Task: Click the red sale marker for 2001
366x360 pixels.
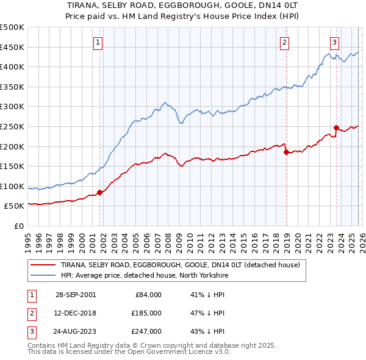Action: click(100, 192)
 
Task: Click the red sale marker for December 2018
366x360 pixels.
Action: click(286, 153)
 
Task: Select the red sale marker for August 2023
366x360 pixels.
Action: click(336, 128)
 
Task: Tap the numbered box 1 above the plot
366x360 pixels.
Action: click(99, 42)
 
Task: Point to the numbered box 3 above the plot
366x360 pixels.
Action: click(335, 42)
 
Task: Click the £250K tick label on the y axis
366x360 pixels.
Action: click(12, 126)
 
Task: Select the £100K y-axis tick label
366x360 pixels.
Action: click(12, 186)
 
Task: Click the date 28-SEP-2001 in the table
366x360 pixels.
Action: click(75, 295)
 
